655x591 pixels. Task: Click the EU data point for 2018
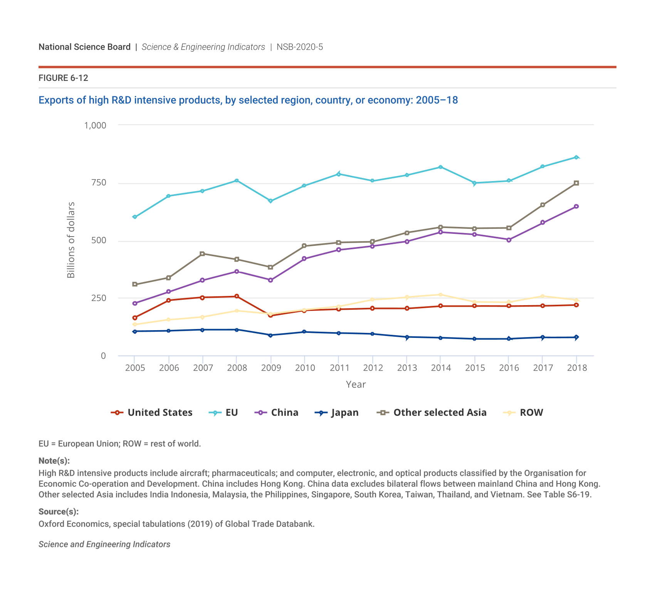576,157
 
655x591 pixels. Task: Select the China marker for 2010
304,259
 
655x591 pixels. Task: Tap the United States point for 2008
237,296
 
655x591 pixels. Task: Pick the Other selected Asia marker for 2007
202,254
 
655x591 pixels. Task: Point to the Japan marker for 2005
134,331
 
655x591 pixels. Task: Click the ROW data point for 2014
440,295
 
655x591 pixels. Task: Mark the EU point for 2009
270,201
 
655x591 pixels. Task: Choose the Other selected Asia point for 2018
576,183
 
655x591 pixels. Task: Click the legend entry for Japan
337,413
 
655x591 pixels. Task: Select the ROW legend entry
524,413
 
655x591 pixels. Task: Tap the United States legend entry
152,413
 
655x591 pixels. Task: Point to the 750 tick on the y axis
99,183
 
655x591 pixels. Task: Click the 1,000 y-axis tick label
95,125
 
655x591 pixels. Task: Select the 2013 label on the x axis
407,368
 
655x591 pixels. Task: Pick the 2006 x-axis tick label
169,368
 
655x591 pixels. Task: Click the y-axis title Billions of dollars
71,240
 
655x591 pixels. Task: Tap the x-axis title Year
356,384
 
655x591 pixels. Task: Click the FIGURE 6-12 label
63,78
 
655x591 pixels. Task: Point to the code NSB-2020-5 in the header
300,47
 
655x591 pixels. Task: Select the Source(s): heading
59,512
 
